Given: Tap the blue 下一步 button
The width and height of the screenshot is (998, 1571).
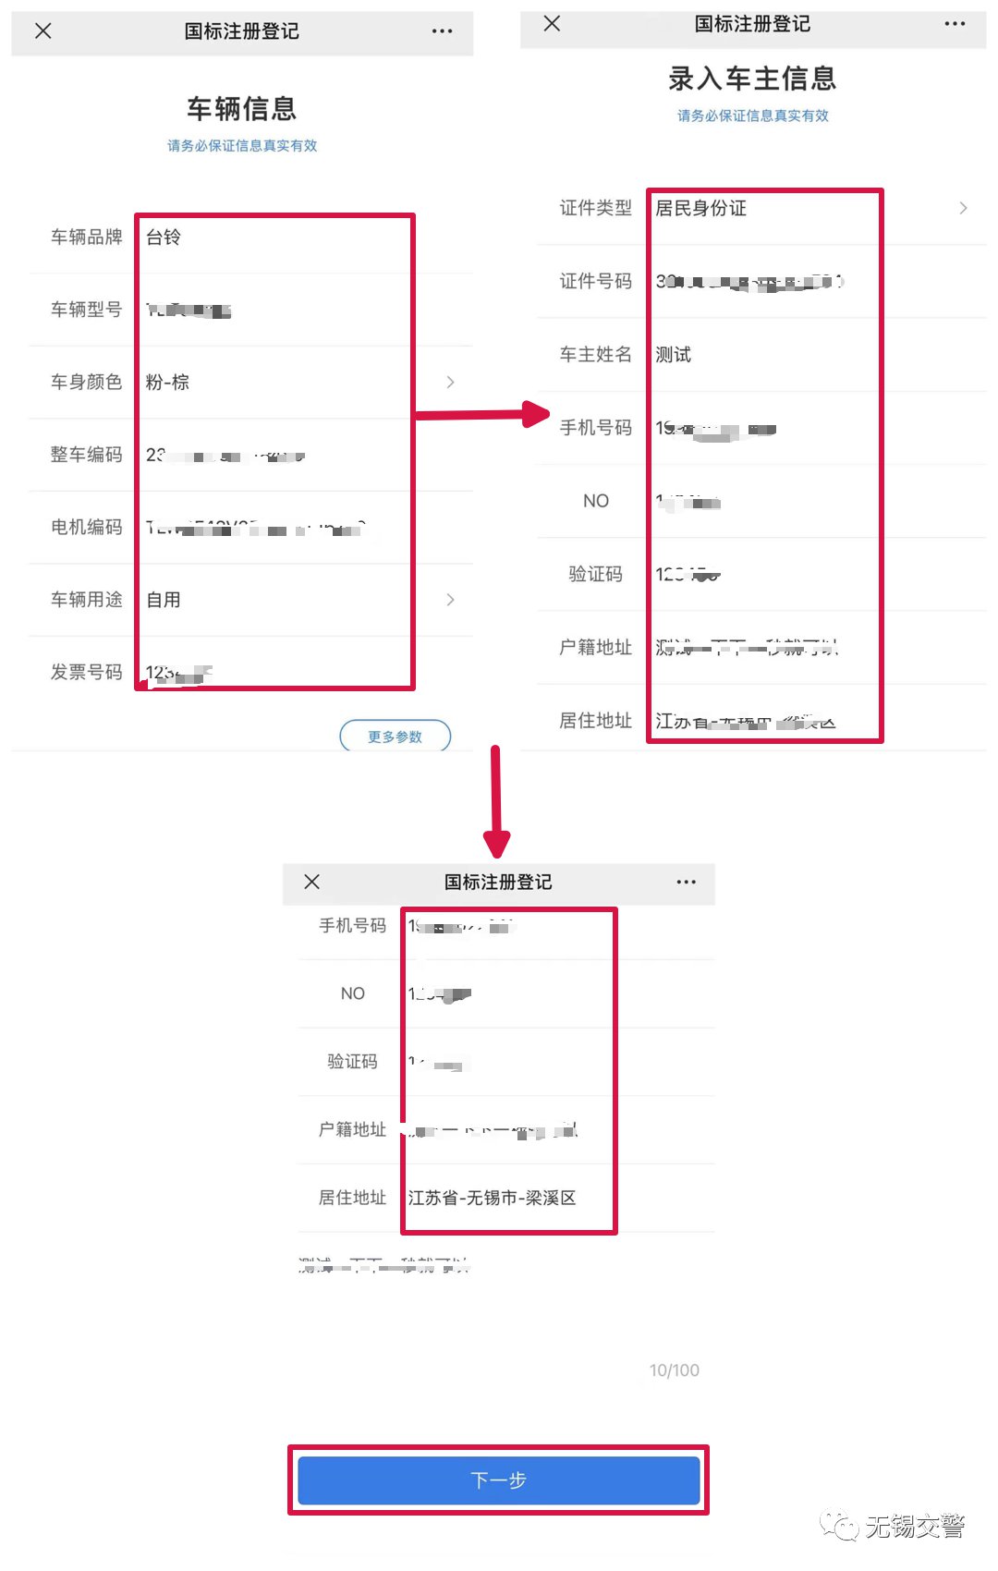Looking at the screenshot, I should pos(498,1480).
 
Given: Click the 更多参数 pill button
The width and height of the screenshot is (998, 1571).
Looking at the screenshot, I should pos(395,737).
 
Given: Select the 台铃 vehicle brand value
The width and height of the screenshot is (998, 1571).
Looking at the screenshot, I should pos(164,237).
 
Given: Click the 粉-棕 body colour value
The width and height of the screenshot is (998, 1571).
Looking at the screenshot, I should pos(167,383).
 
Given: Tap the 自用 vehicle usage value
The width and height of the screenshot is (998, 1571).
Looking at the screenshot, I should pos(164,600).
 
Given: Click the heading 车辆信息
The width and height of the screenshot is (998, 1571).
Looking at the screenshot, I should pos(242,109).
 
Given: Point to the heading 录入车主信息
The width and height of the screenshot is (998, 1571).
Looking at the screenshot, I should pos(752,79).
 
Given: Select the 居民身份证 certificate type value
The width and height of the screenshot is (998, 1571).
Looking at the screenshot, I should pos(700,209).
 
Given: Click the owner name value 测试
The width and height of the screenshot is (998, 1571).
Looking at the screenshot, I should pos(673,355).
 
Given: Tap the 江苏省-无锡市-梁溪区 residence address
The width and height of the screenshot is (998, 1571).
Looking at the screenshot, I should pos(492,1198).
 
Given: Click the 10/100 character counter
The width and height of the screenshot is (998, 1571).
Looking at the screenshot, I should pos(674,1370).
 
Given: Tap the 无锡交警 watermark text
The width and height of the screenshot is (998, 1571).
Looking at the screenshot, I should pos(914,1527).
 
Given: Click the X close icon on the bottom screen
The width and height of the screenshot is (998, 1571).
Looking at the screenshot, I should pos(312,882).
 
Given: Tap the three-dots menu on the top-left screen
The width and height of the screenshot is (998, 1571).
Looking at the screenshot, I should pos(442,31).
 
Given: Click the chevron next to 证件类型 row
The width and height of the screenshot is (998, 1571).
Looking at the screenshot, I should pos(963,209).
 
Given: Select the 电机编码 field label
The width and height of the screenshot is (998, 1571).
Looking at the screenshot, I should pos(86,528).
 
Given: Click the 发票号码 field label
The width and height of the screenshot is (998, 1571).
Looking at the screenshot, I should pos(86,673).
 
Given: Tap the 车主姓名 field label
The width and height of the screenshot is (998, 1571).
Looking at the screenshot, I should pos(595,355).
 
